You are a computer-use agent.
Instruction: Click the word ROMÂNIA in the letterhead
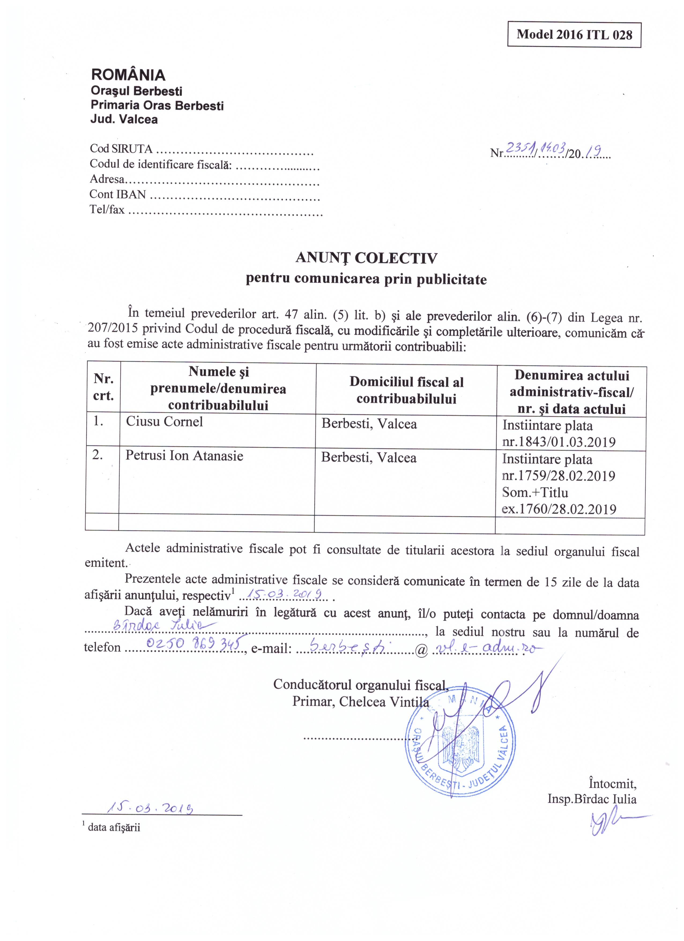(128, 75)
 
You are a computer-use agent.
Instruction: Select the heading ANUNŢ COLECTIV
(366, 258)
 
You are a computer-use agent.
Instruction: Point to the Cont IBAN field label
(118, 194)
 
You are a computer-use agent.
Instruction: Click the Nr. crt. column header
(103, 387)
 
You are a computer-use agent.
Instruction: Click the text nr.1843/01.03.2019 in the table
(559, 442)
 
